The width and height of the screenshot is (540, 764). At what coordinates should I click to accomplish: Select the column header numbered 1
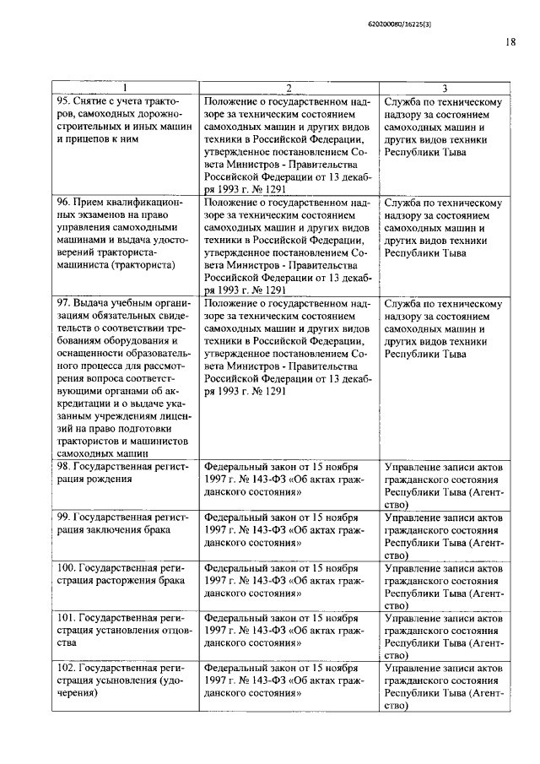(125, 89)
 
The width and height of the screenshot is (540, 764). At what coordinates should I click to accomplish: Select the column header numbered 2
(288, 89)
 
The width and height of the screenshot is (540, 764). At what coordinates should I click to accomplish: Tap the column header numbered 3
(445, 89)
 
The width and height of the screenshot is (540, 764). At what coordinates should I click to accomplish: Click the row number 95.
(62, 102)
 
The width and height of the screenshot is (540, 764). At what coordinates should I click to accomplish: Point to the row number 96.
(62, 203)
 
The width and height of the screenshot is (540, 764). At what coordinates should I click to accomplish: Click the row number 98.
(62, 466)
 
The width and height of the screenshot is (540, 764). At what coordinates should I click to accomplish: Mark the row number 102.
(64, 668)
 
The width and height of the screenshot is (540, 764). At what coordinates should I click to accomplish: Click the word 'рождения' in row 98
(110, 479)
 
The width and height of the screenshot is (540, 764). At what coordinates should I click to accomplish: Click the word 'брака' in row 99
(154, 529)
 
